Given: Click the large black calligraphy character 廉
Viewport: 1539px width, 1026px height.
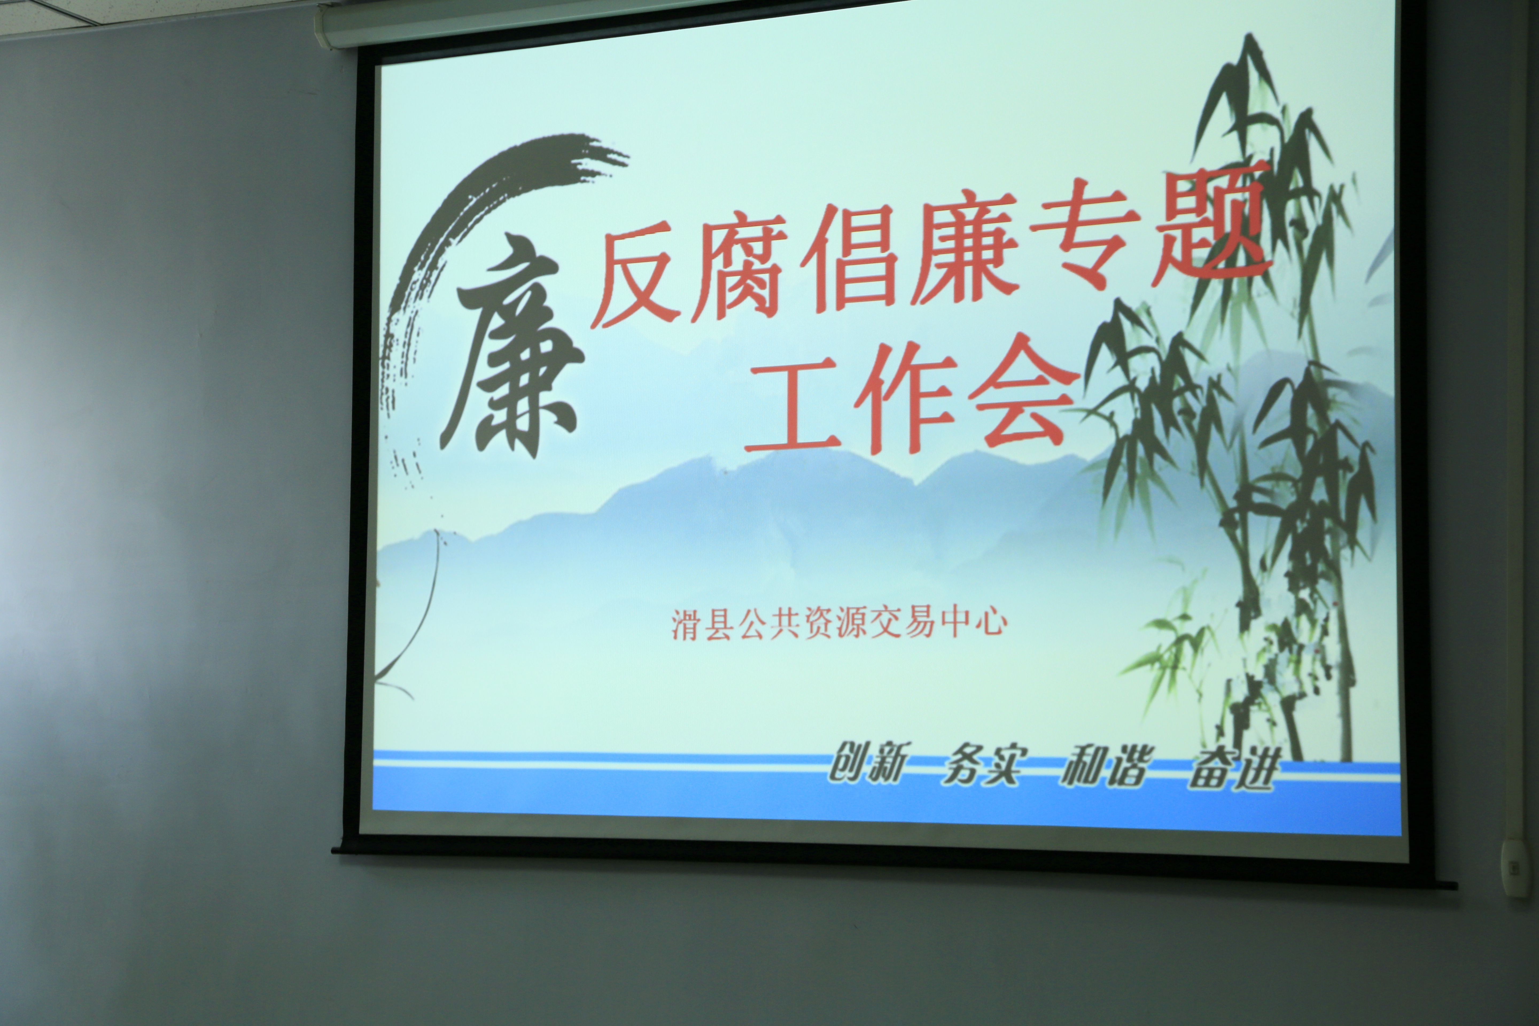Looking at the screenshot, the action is [x=512, y=353].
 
